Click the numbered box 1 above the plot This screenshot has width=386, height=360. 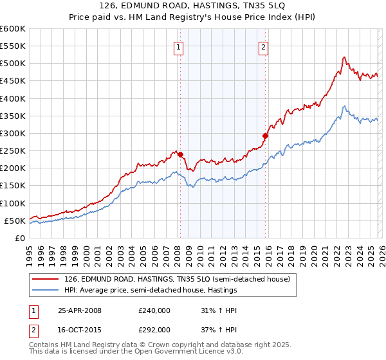point(178,46)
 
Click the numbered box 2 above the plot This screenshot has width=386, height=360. point(264,46)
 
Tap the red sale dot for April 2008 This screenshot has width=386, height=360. point(181,154)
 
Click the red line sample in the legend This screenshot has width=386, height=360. point(46,280)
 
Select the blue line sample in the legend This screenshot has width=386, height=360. point(46,291)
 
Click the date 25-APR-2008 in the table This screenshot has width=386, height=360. point(80,310)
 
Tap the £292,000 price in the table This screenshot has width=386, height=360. point(154,329)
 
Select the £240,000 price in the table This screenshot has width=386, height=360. point(154,310)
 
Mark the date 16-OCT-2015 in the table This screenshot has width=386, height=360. point(80,329)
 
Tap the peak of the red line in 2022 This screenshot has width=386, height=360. point(344,57)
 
